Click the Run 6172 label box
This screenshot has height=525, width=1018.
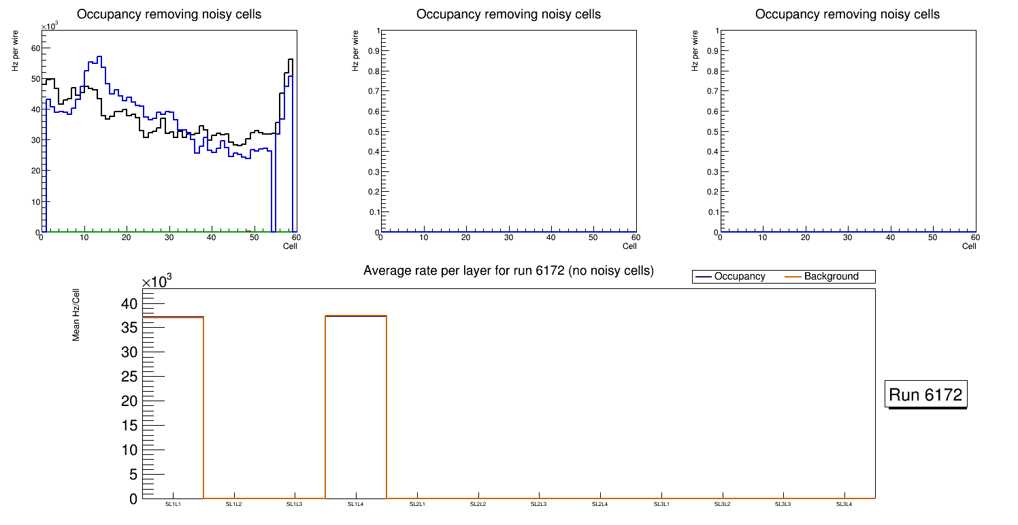click(925, 394)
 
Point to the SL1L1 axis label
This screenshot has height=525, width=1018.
click(173, 504)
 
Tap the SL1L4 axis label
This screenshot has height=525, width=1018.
click(356, 504)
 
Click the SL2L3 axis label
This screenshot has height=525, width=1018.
click(539, 504)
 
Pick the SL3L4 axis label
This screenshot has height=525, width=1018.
click(844, 504)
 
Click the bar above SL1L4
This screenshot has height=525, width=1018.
click(356, 408)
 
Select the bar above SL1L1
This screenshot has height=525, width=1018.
click(173, 408)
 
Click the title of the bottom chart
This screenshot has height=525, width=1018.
click(508, 271)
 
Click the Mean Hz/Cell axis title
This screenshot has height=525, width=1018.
click(76, 314)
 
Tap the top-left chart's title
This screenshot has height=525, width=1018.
click(169, 14)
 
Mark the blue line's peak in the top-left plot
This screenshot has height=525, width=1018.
click(99, 57)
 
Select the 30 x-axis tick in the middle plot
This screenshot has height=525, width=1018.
click(508, 237)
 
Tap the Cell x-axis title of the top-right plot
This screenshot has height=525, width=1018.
click(969, 246)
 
